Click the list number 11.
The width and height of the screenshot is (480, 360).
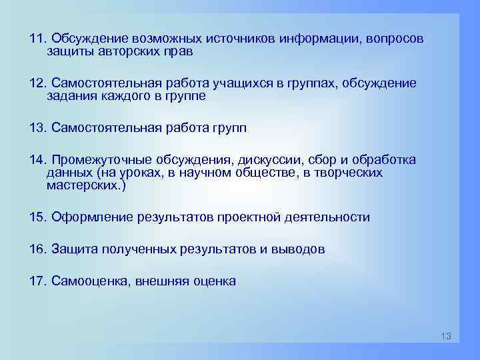(37, 38)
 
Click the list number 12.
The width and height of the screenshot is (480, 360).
(37, 83)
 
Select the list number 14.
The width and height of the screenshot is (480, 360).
(37, 161)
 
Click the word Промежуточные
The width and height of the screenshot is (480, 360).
(99, 161)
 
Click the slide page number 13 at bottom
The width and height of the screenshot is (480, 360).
(446, 336)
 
